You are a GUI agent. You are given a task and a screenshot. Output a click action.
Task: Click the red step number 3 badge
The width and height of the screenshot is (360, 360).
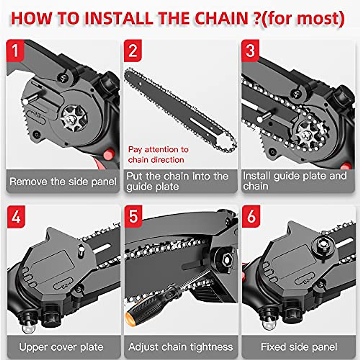(250, 50)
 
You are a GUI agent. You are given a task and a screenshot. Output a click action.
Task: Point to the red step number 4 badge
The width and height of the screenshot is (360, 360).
(16, 216)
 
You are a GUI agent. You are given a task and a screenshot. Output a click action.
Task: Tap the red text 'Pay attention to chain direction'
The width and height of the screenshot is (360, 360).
(158, 154)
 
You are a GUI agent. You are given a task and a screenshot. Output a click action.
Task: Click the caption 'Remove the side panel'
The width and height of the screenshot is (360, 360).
(63, 181)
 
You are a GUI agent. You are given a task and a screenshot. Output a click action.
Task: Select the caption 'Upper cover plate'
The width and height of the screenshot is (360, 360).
(61, 347)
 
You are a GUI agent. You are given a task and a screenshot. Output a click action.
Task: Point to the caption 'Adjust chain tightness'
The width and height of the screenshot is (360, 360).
(181, 347)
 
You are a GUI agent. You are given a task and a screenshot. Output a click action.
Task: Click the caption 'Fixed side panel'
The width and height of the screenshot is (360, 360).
(299, 347)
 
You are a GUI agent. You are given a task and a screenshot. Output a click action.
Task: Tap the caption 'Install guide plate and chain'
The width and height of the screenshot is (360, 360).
(295, 181)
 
